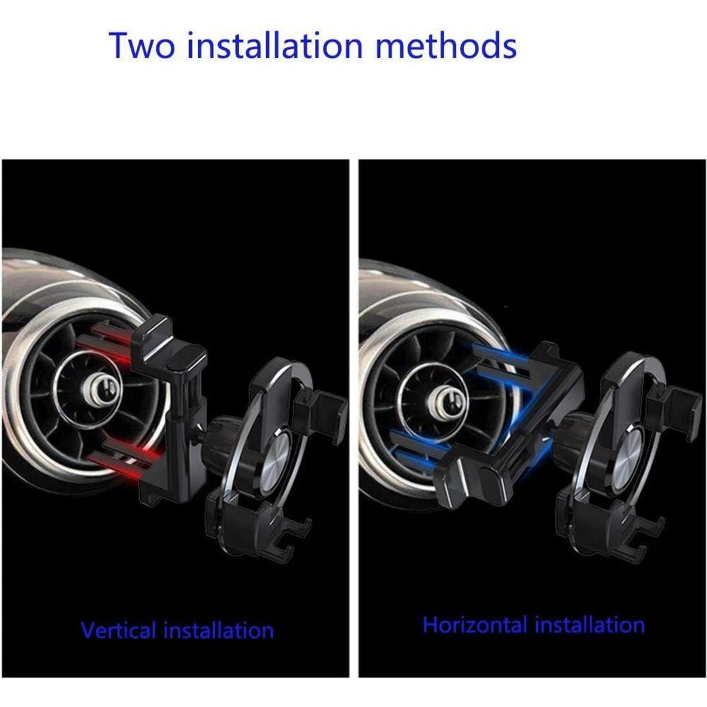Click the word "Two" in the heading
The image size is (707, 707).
click(141, 45)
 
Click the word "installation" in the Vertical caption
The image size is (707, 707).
click(219, 630)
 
